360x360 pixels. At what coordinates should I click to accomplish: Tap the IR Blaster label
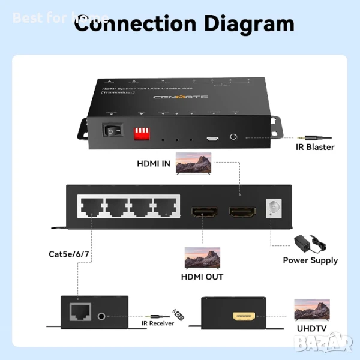coord(315,147)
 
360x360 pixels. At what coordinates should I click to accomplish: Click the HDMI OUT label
coord(202,277)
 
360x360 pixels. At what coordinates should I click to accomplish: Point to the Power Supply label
coord(310,260)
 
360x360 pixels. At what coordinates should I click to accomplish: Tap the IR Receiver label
coord(158,323)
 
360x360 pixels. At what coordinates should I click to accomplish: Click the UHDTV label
coord(310,329)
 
